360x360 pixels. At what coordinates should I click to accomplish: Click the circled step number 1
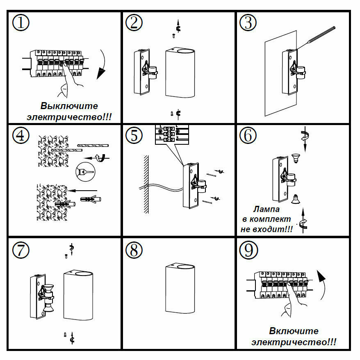[x=21, y=23]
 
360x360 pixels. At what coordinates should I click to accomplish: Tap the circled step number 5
[x=134, y=136]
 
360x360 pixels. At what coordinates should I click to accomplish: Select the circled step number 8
[x=134, y=250]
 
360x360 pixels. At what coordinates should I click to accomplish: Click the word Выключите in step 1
[x=69, y=106]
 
